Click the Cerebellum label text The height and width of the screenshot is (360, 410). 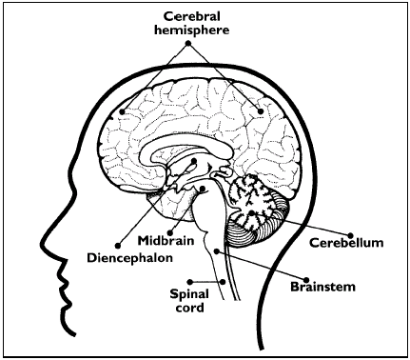tap(347, 241)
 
